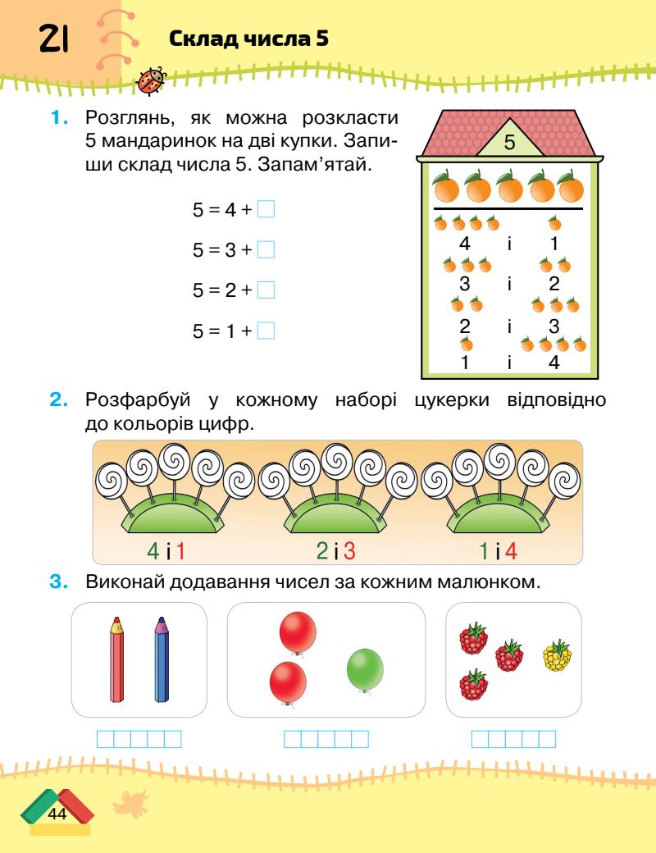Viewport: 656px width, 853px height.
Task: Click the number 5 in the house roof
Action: (508, 142)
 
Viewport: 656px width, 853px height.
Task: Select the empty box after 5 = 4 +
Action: (265, 209)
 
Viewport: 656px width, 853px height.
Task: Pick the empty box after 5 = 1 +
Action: (265, 331)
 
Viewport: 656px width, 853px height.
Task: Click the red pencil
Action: (117, 660)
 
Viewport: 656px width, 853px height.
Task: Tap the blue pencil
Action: (162, 660)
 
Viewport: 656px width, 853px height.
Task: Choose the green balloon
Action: (365, 670)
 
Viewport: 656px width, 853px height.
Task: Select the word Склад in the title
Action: (201, 39)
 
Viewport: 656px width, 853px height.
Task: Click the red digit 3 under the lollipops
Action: (350, 551)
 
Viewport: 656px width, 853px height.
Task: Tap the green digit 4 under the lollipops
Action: (165, 551)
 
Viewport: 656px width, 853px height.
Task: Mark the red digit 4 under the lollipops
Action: (511, 551)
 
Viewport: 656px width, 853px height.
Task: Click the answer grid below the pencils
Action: (139, 739)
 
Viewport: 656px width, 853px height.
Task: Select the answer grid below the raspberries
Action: (513, 739)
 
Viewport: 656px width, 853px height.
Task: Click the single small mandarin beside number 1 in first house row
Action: (555, 223)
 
